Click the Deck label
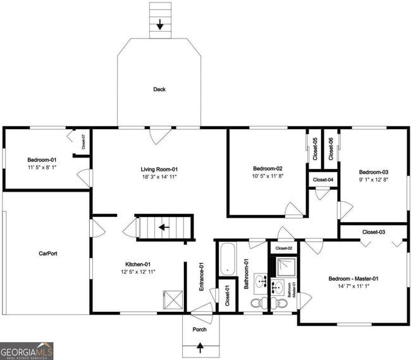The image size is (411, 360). (159, 90)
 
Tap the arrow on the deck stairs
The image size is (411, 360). (160, 25)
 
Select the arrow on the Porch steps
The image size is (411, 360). (201, 347)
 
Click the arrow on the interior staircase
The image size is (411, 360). (164, 227)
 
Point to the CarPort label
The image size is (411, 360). (48, 254)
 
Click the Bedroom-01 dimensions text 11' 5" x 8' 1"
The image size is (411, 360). (41, 168)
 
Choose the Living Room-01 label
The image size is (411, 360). (159, 169)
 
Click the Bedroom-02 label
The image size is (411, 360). (267, 168)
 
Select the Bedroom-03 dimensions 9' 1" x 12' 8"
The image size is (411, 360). (373, 180)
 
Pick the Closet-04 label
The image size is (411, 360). (322, 180)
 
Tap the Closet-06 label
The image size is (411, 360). (331, 149)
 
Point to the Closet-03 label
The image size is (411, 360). (374, 232)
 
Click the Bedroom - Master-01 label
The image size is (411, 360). (353, 279)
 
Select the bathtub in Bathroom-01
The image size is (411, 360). (228, 259)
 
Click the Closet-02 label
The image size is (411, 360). (284, 249)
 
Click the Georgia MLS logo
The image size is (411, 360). (27, 351)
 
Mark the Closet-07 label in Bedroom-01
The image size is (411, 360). (83, 142)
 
